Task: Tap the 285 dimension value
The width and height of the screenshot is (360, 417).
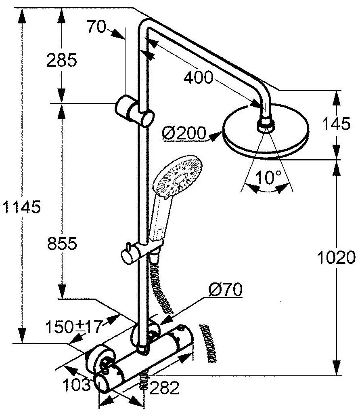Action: pos(61,60)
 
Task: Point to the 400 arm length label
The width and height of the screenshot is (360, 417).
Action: pos(198,78)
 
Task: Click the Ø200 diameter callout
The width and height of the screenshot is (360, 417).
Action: pos(184,133)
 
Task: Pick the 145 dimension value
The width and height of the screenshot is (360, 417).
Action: pos(336,123)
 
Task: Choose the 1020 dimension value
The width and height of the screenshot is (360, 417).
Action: pos(336,257)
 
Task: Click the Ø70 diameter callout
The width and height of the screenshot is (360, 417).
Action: pos(225,289)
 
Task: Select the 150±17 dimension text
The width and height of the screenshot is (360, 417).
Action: pos(74,326)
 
